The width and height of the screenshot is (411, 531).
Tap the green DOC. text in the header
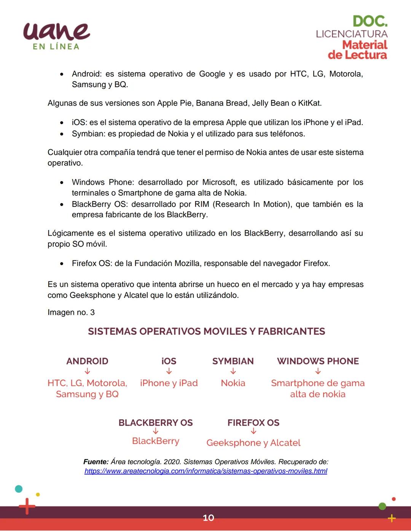[x=370, y=21]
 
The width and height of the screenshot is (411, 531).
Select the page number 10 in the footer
[x=208, y=518]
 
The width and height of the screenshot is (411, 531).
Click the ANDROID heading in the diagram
[x=87, y=361]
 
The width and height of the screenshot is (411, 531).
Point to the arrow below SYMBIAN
[x=233, y=371]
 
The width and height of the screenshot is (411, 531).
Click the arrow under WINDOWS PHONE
[x=318, y=371]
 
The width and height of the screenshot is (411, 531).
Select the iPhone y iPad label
[x=169, y=383]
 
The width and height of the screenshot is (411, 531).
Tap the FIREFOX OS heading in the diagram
[x=253, y=423]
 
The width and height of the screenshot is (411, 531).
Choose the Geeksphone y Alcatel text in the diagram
[x=253, y=443]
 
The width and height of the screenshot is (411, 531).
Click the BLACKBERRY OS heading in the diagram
[x=155, y=423]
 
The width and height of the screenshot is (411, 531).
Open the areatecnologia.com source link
[x=205, y=471]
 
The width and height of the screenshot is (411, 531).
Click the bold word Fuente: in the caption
[x=96, y=462]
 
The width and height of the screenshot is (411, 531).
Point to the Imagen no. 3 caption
[x=71, y=312]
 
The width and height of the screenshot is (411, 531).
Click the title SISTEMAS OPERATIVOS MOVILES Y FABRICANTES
[x=206, y=331]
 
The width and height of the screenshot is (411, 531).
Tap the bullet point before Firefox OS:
[x=62, y=263]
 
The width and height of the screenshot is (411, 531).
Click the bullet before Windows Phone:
[x=62, y=182]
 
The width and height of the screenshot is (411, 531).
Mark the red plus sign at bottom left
[x=27, y=506]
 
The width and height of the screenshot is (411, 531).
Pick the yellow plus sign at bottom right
[x=391, y=518]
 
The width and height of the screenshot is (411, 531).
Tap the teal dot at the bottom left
[x=19, y=489]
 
